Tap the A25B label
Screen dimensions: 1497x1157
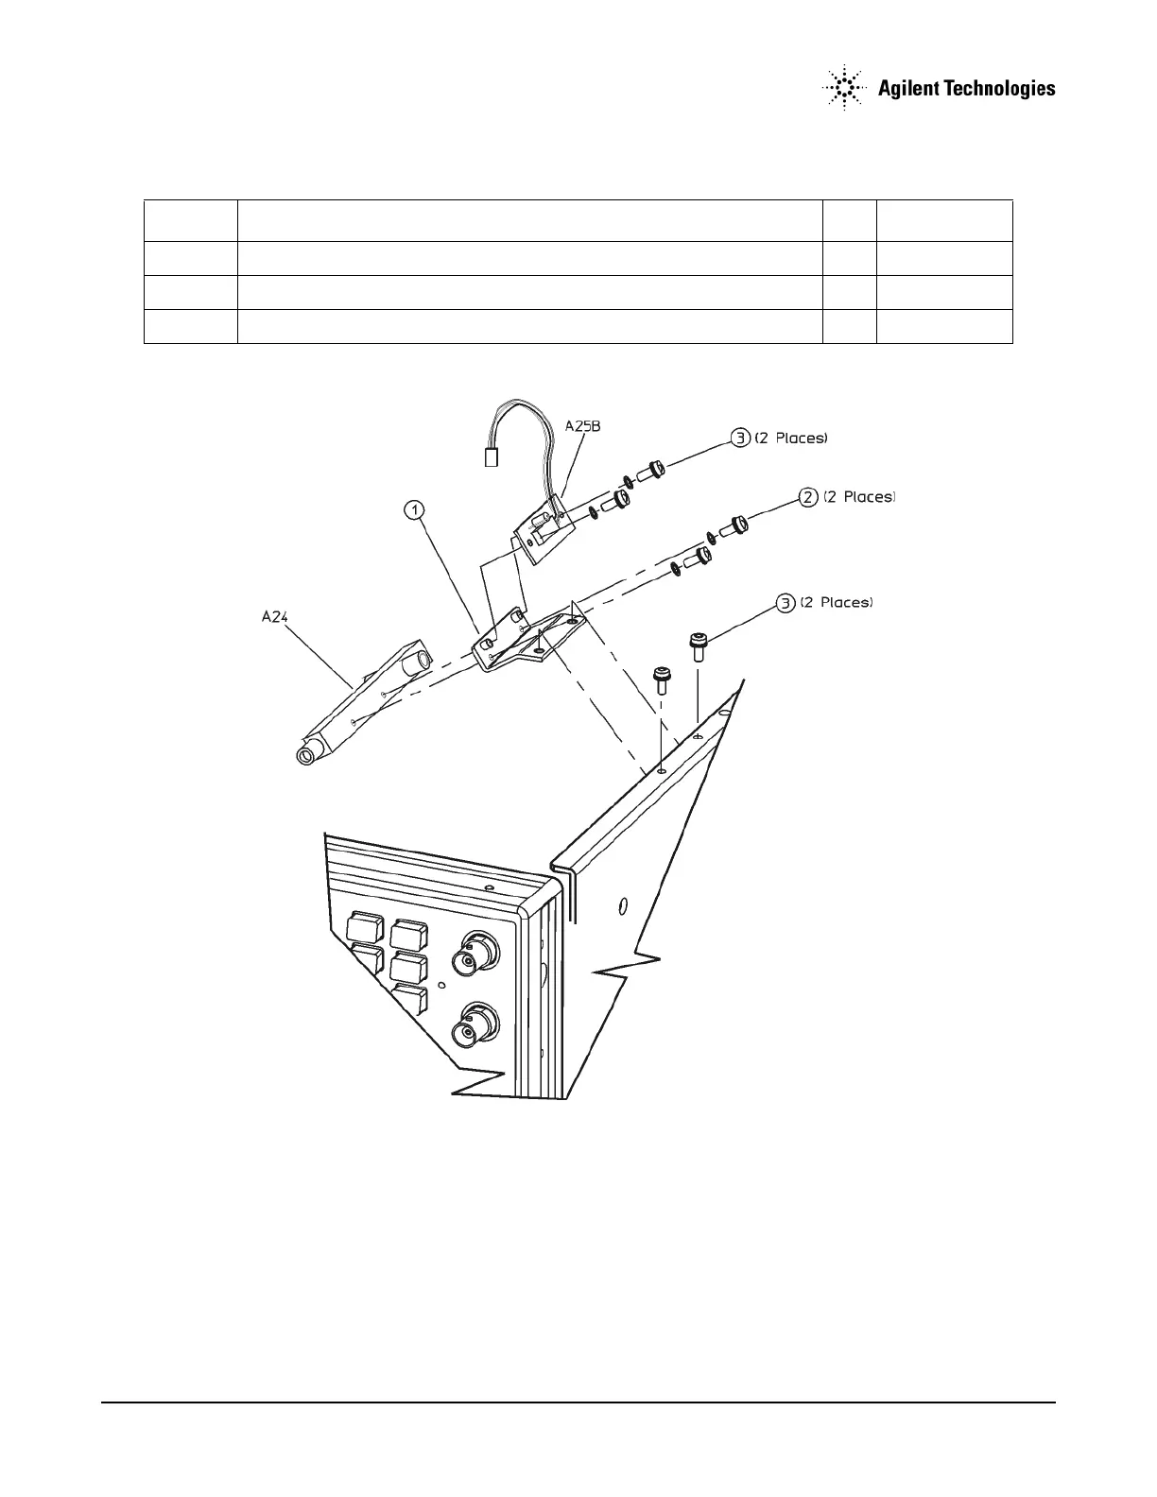[582, 426]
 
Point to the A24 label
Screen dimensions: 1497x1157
[274, 617]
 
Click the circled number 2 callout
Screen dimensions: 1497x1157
[808, 497]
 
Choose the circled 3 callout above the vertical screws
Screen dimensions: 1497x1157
[785, 602]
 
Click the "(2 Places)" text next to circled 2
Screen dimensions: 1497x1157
[858, 497]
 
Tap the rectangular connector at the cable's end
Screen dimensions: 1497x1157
[490, 458]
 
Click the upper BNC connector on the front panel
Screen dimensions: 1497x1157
[473, 955]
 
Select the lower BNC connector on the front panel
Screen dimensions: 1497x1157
[474, 1029]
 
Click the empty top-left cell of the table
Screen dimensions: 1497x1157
[190, 220]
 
